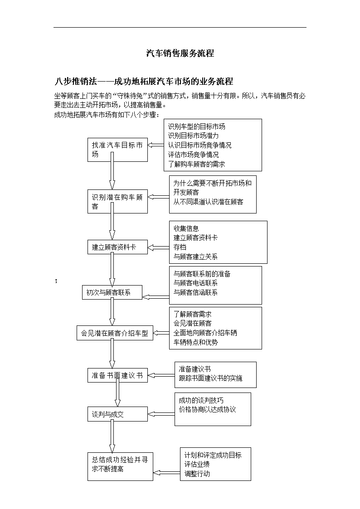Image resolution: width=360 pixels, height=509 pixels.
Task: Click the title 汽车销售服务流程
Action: (180, 53)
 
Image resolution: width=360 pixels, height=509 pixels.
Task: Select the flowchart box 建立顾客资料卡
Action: (117, 247)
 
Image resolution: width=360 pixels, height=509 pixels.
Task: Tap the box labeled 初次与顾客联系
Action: (112, 292)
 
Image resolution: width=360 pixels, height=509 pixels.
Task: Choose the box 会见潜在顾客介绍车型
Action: (115, 333)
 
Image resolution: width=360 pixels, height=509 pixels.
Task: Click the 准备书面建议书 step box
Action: (117, 375)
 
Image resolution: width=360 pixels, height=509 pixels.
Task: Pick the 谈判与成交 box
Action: (117, 414)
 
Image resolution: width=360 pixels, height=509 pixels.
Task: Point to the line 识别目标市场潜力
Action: (193, 136)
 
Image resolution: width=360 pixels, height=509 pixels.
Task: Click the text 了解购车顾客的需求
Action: (196, 164)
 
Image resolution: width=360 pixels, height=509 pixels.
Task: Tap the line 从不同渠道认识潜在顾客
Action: (208, 202)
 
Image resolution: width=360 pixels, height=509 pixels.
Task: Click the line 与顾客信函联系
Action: (195, 292)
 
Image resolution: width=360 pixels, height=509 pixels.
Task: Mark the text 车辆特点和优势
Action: (195, 342)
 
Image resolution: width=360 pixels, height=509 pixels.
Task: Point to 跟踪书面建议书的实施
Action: (210, 378)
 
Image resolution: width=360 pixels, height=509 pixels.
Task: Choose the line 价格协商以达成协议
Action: (207, 410)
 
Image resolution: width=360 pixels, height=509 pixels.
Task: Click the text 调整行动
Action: (197, 474)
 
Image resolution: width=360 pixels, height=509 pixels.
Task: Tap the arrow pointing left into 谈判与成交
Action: (161, 414)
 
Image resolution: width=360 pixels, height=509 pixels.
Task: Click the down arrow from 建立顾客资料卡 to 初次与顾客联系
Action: (112, 270)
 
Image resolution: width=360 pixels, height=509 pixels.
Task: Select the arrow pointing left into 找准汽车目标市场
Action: (156, 145)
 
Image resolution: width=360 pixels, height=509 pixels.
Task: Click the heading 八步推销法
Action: (76, 81)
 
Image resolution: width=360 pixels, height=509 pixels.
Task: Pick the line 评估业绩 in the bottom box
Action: (197, 464)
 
